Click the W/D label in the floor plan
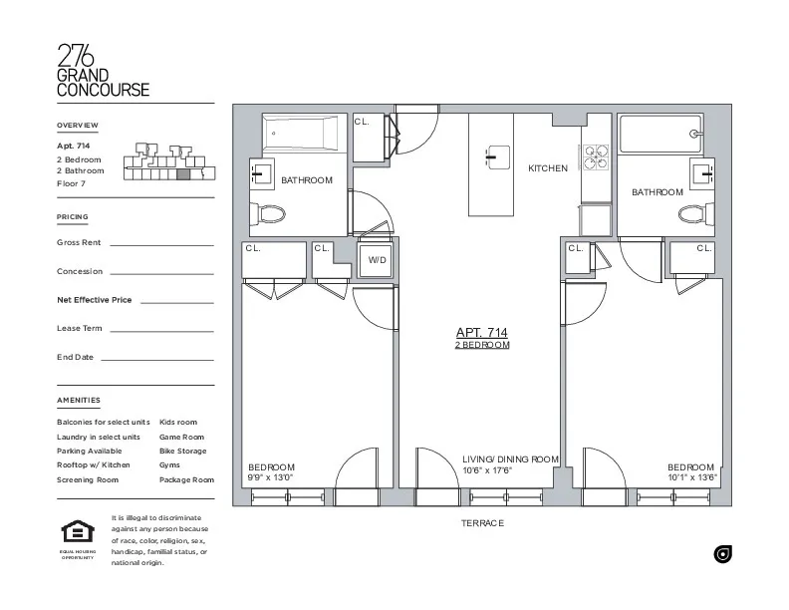[377, 259]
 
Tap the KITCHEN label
[547, 168]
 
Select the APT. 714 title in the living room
[482, 332]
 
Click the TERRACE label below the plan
[482, 523]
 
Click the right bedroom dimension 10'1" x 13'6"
[692, 477]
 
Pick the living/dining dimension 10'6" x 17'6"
[487, 470]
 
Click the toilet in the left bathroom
[269, 212]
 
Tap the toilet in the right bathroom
[693, 212]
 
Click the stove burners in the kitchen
[595, 157]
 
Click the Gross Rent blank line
[161, 244]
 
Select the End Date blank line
[157, 359]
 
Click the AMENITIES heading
[79, 401]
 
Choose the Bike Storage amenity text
[182, 451]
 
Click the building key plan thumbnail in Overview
[166, 162]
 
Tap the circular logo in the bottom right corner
[723, 554]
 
